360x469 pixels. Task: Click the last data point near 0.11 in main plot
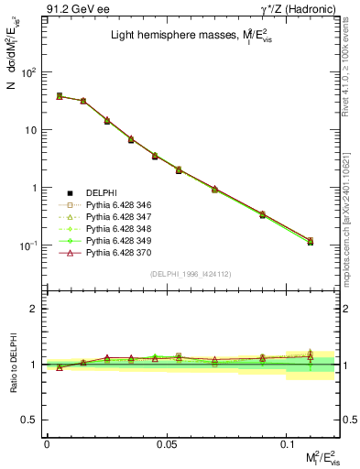[x=311, y=242]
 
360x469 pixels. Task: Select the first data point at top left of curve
[x=60, y=95]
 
